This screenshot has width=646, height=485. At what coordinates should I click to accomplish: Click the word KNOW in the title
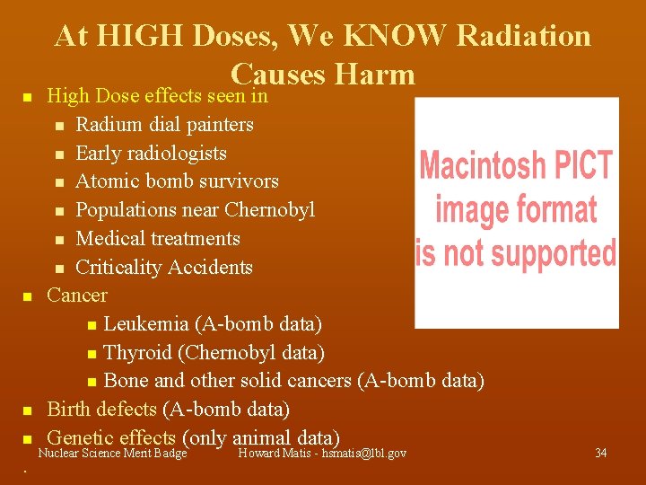[x=392, y=36]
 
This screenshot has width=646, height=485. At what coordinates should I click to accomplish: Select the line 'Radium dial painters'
[x=164, y=124]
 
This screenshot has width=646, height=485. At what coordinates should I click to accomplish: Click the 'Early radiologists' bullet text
[x=151, y=153]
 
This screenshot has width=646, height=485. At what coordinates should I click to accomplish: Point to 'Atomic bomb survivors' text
[x=177, y=181]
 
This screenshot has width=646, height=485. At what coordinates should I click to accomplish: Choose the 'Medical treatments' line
[x=158, y=239]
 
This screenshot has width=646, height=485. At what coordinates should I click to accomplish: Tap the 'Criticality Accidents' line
[x=164, y=268]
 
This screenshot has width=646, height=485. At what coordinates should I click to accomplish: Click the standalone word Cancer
[x=77, y=295]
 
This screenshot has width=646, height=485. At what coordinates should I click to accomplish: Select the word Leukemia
[x=146, y=323]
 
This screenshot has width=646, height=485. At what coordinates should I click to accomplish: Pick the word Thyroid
[x=139, y=352]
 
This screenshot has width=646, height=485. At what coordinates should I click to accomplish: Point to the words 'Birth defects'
[x=101, y=410]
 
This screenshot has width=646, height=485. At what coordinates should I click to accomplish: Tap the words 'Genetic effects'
[x=111, y=437]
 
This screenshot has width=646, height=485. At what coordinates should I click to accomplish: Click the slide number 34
[x=601, y=454]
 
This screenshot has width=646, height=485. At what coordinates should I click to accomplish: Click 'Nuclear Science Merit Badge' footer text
[x=112, y=454]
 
